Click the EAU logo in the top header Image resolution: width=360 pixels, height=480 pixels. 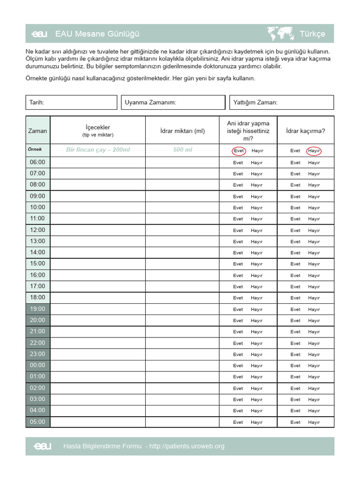click(x=38, y=34)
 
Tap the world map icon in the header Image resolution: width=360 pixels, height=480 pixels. click(x=280, y=34)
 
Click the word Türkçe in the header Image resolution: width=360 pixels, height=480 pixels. click(x=312, y=34)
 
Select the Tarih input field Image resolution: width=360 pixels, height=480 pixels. click(x=71, y=102)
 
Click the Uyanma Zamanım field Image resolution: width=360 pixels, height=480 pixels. click(x=174, y=102)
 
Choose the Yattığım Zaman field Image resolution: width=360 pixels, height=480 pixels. click(x=281, y=102)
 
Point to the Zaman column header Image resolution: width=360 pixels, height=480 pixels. click(x=37, y=131)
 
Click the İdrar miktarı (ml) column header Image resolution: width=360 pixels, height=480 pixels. click(x=182, y=131)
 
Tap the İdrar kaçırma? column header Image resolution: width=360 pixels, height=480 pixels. click(x=305, y=131)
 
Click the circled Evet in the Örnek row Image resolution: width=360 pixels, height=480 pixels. click(x=239, y=151)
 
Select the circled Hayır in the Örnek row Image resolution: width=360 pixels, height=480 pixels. click(x=314, y=151)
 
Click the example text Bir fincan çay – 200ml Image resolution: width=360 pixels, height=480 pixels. click(x=98, y=150)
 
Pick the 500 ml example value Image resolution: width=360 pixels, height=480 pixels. click(x=182, y=150)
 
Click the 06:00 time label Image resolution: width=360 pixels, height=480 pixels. click(x=37, y=162)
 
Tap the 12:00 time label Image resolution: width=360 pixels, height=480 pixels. click(x=37, y=230)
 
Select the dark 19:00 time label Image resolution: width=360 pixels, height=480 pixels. click(x=37, y=309)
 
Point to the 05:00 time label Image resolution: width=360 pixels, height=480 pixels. click(x=37, y=422)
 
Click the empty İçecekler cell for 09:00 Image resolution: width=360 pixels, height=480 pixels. click(x=97, y=196)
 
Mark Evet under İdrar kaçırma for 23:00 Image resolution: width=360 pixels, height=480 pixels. click(x=295, y=354)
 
